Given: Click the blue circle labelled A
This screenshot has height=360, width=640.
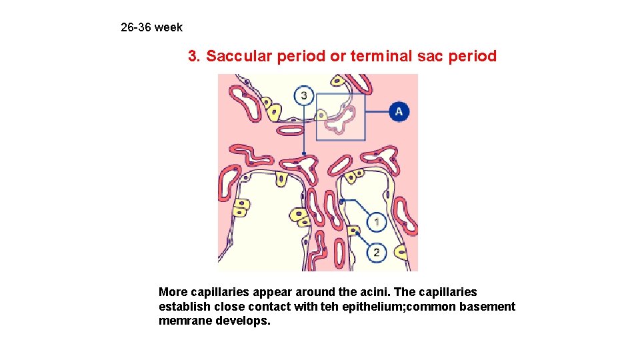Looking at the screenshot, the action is (399, 111).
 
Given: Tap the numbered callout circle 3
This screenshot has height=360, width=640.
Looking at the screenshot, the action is (304, 96).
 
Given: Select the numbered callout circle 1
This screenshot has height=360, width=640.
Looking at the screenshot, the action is (377, 221).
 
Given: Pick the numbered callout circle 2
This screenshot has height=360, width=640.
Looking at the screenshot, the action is (377, 252).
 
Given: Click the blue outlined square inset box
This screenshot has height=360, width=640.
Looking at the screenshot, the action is (341, 117).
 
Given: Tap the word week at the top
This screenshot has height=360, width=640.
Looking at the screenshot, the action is (169, 27).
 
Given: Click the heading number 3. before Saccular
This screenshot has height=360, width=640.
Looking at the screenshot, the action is (195, 56).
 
